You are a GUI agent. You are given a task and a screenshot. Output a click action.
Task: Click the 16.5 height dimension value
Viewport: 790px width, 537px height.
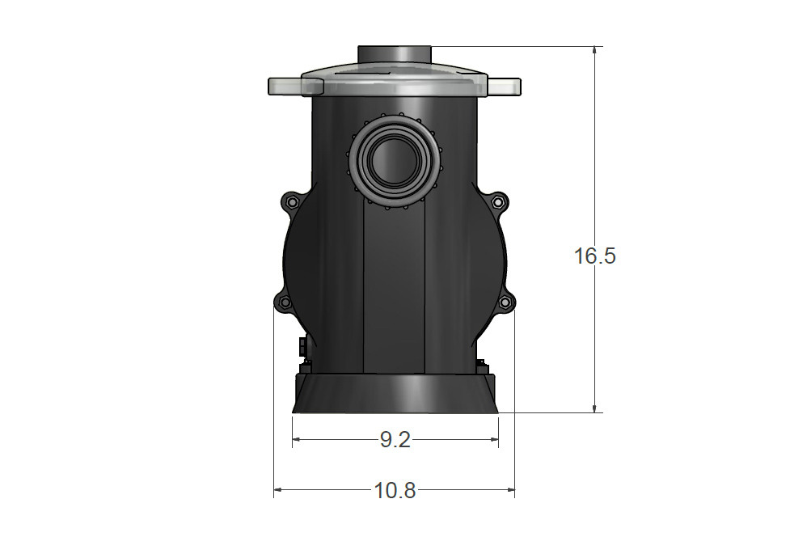[x=594, y=256]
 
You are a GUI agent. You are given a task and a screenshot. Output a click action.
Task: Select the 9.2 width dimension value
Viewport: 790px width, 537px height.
[x=395, y=440]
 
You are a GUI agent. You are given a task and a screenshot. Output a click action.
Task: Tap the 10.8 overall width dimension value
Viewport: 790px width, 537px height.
[x=395, y=490]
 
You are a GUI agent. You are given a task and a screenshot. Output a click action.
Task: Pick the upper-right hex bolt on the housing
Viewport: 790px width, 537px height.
[x=497, y=202]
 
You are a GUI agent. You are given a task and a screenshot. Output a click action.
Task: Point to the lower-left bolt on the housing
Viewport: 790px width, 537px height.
[x=285, y=302]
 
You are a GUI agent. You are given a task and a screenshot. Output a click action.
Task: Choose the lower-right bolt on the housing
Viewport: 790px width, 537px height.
[x=505, y=302]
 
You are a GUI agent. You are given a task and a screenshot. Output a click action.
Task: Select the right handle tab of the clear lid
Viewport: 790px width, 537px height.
[x=504, y=87]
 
